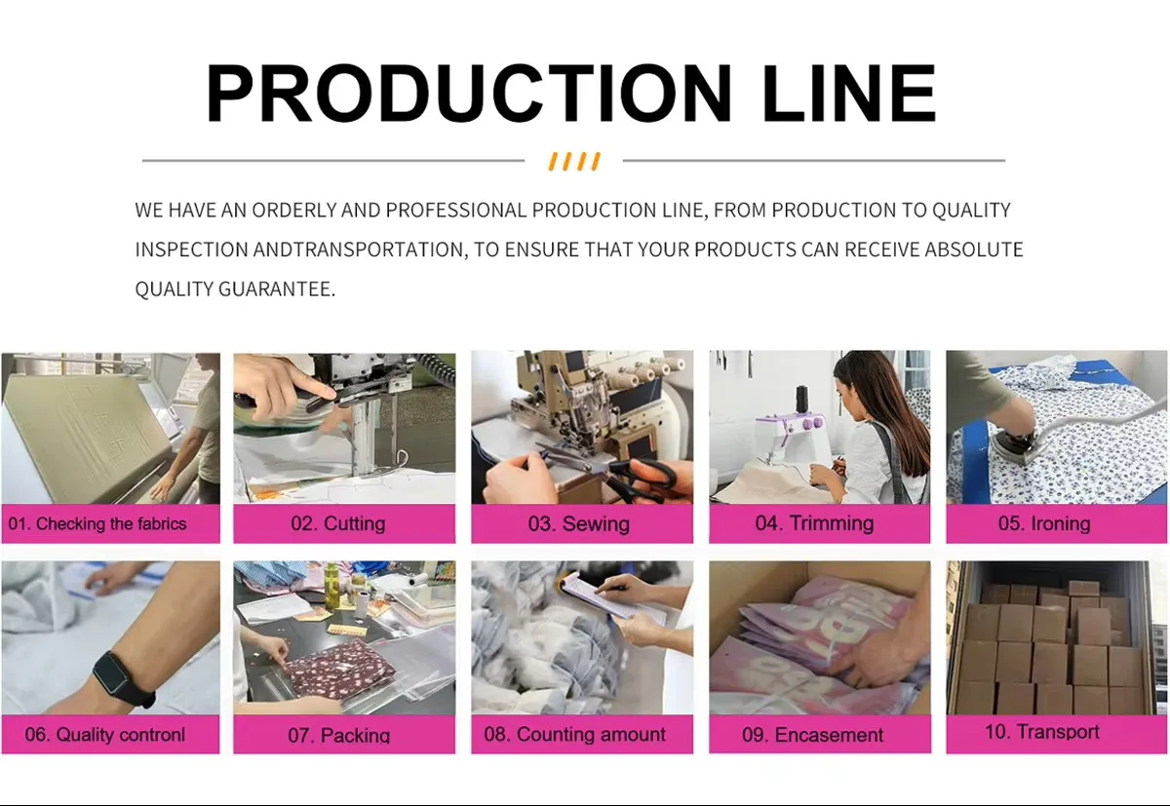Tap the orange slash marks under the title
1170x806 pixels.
point(574,162)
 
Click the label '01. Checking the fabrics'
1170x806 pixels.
point(97,523)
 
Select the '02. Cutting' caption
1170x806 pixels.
point(338,523)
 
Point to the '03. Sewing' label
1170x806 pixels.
point(579,523)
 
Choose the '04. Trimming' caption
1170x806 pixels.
point(814,523)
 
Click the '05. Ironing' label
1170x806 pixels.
point(1044,523)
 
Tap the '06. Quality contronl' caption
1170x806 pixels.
point(105,735)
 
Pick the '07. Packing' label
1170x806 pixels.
point(339,735)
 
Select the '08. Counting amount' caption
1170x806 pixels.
point(574,734)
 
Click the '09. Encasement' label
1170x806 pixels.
point(813,735)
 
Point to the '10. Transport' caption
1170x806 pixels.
point(1041,732)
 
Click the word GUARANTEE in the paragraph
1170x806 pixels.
point(276,288)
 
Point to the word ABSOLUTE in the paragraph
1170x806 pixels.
point(974,249)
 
